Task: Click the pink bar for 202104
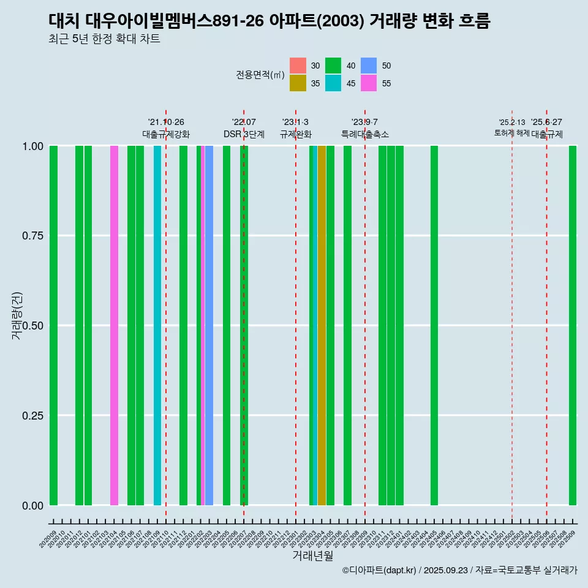pyautogui.click(x=114, y=325)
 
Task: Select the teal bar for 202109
pyautogui.click(x=157, y=325)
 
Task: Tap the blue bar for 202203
pyautogui.click(x=209, y=325)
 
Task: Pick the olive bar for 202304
pyautogui.click(x=322, y=325)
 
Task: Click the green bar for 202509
pyautogui.click(x=573, y=325)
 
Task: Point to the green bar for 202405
pyautogui.click(x=434, y=325)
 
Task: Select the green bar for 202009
pyautogui.click(x=53, y=325)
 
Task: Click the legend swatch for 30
pyautogui.click(x=298, y=66)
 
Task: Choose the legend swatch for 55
pyautogui.click(x=369, y=83)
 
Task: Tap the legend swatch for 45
pyautogui.click(x=333, y=83)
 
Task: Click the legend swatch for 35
pyautogui.click(x=298, y=83)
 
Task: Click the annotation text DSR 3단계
pyautogui.click(x=244, y=134)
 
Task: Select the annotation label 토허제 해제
pyautogui.click(x=511, y=133)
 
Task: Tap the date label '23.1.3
pyautogui.click(x=295, y=122)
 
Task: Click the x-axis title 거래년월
pyautogui.click(x=312, y=556)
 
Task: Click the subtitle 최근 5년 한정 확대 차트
pyautogui.click(x=104, y=39)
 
